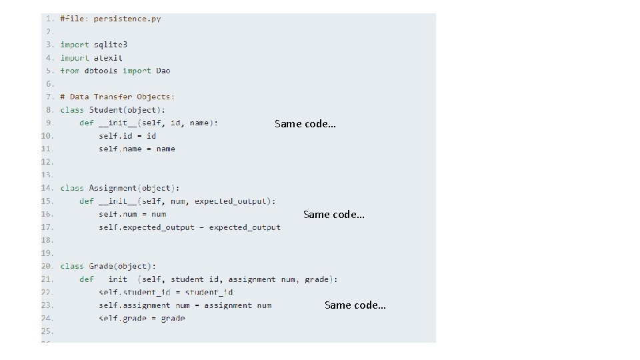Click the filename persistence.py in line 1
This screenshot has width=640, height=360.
pyautogui.click(x=127, y=19)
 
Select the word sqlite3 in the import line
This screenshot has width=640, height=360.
pyautogui.click(x=110, y=45)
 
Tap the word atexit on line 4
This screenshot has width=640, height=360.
pyautogui.click(x=108, y=58)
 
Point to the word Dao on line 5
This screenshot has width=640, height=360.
pyautogui.click(x=163, y=71)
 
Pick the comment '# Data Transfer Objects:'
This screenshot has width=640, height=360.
pyautogui.click(x=117, y=97)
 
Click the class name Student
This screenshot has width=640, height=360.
pyautogui.click(x=105, y=110)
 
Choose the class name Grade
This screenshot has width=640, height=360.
pyautogui.click(x=103, y=266)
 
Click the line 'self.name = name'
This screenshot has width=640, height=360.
pyautogui.click(x=137, y=149)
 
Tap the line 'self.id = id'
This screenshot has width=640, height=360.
pyautogui.click(x=127, y=136)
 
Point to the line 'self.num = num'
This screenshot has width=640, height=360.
pyautogui.click(x=132, y=214)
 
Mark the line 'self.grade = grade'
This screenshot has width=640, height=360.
pyautogui.click(x=141, y=318)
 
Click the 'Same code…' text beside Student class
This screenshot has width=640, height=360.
pyautogui.click(x=305, y=124)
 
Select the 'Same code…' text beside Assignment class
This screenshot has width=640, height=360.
pyautogui.click(x=333, y=214)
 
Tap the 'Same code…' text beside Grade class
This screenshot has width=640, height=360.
pyautogui.click(x=355, y=305)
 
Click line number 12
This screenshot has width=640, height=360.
pyautogui.click(x=47, y=162)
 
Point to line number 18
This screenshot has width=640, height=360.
pyautogui.click(x=47, y=240)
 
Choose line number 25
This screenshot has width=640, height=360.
pyautogui.click(x=47, y=331)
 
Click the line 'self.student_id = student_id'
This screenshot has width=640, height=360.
pyautogui.click(x=165, y=292)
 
